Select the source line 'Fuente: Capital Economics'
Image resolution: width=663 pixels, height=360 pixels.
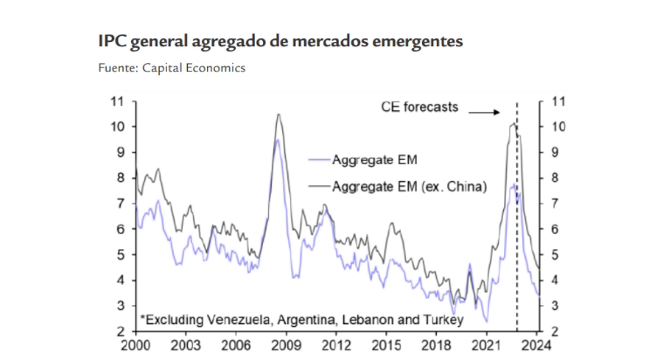click(x=171, y=67)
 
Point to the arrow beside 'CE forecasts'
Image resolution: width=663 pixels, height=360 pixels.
click(x=483, y=111)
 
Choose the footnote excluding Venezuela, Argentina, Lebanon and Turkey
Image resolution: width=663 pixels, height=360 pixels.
click(x=294, y=319)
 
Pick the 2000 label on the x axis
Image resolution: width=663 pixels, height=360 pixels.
click(x=135, y=345)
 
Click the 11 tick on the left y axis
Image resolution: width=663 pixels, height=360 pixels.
click(x=117, y=101)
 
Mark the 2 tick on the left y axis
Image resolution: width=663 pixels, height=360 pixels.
click(x=120, y=331)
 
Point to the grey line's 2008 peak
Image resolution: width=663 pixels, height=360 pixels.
click(x=278, y=114)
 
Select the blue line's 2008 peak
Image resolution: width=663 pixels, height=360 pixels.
click(x=277, y=140)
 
